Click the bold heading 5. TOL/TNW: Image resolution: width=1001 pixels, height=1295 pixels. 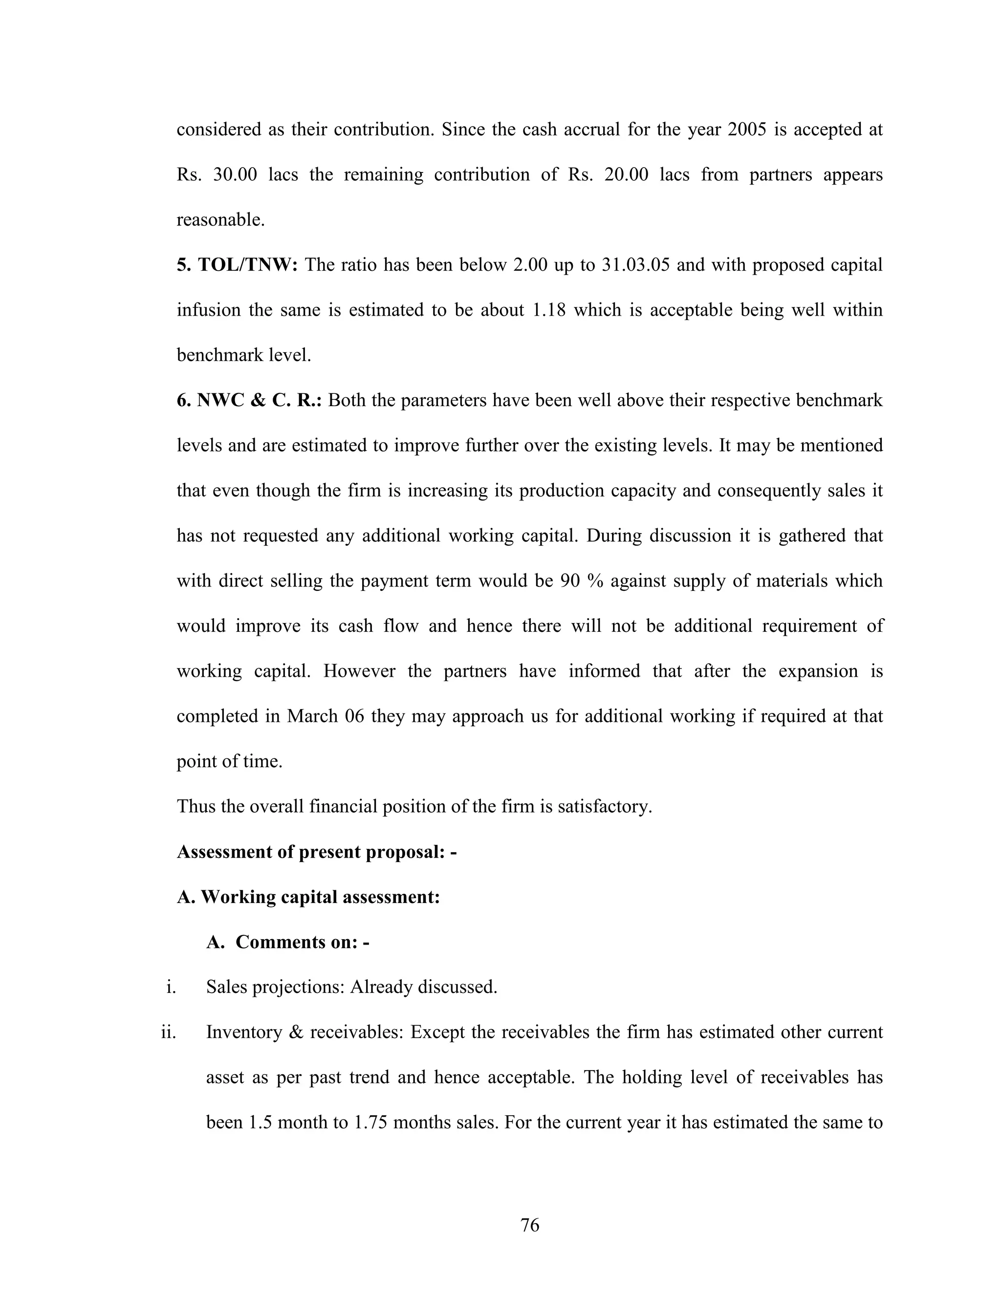pos(237,264)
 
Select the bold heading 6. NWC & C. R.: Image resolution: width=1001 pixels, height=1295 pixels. pos(249,400)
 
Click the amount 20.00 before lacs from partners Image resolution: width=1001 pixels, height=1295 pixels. pos(626,175)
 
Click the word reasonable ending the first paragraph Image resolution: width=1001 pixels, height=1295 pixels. pos(220,220)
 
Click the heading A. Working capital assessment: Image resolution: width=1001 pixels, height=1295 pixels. pos(308,897)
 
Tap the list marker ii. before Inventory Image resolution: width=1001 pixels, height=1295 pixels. pos(169,1032)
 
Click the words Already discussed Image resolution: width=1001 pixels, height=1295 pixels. pos(423,987)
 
